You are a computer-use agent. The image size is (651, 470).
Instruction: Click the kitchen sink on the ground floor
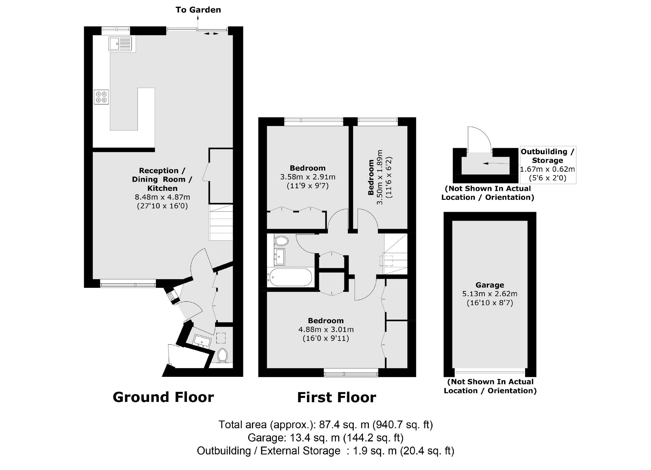120,44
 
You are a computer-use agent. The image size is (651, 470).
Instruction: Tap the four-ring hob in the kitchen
101,97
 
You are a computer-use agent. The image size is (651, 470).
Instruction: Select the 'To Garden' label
198,10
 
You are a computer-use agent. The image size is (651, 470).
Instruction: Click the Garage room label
490,285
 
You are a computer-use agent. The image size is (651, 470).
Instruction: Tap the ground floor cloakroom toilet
222,355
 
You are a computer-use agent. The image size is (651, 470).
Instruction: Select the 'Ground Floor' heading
163,397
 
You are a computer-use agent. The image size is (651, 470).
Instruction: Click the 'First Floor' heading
336,397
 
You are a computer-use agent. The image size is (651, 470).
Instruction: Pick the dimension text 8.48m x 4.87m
162,197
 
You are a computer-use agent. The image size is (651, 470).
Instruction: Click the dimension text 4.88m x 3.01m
326,329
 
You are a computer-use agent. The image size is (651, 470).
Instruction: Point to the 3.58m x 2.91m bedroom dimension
308,177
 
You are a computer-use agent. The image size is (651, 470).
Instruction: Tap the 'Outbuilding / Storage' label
547,156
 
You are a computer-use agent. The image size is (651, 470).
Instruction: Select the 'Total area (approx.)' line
325,425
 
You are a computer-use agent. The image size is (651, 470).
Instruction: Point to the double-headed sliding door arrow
211,33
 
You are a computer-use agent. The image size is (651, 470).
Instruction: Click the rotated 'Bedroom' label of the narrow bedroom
371,177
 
